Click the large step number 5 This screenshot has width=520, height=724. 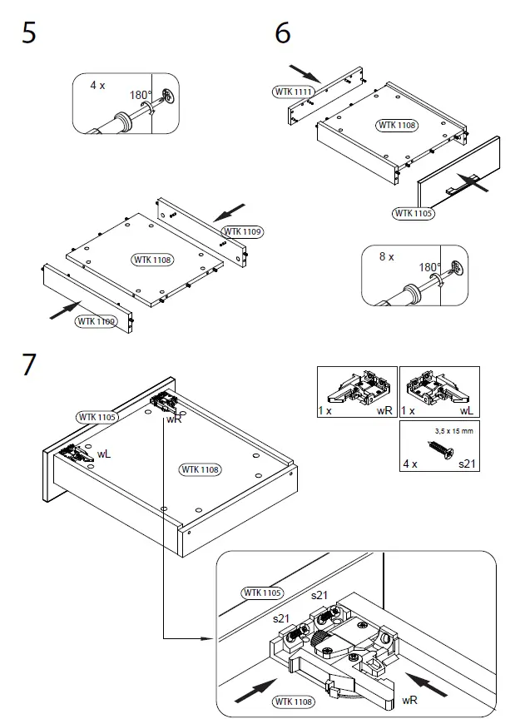click(28, 35)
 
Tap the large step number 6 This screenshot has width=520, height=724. click(283, 35)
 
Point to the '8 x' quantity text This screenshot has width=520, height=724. click(386, 257)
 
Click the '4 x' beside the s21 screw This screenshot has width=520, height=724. click(409, 464)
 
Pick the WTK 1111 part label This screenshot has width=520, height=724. click(293, 91)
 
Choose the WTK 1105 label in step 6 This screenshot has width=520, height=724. click(413, 213)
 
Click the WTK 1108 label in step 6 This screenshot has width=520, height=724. click(397, 126)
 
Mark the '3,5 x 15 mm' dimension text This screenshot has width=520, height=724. click(454, 430)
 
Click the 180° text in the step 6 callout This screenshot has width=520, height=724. click(430, 268)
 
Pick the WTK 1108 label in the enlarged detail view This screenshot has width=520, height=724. click(293, 702)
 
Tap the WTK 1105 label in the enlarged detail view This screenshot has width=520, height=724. click(262, 593)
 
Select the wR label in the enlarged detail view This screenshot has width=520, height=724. click(409, 701)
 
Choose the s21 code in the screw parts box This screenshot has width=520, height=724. click(468, 464)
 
